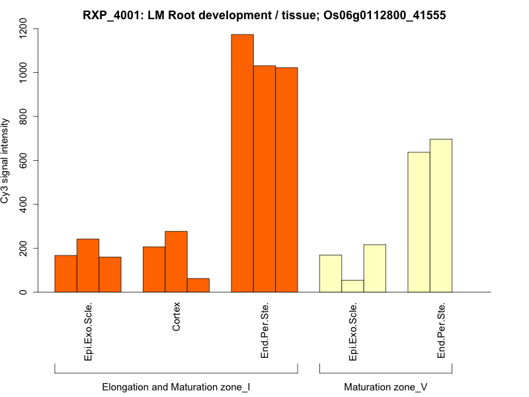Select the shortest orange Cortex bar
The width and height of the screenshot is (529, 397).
pos(198,285)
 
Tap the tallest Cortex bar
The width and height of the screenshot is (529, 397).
pos(176,261)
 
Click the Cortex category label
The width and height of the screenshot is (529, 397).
pos(176,317)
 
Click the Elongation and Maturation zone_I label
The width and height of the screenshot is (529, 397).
pos(176,386)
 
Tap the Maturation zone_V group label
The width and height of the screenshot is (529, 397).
pos(386,386)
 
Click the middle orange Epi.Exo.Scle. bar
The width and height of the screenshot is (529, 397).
pos(88,265)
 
